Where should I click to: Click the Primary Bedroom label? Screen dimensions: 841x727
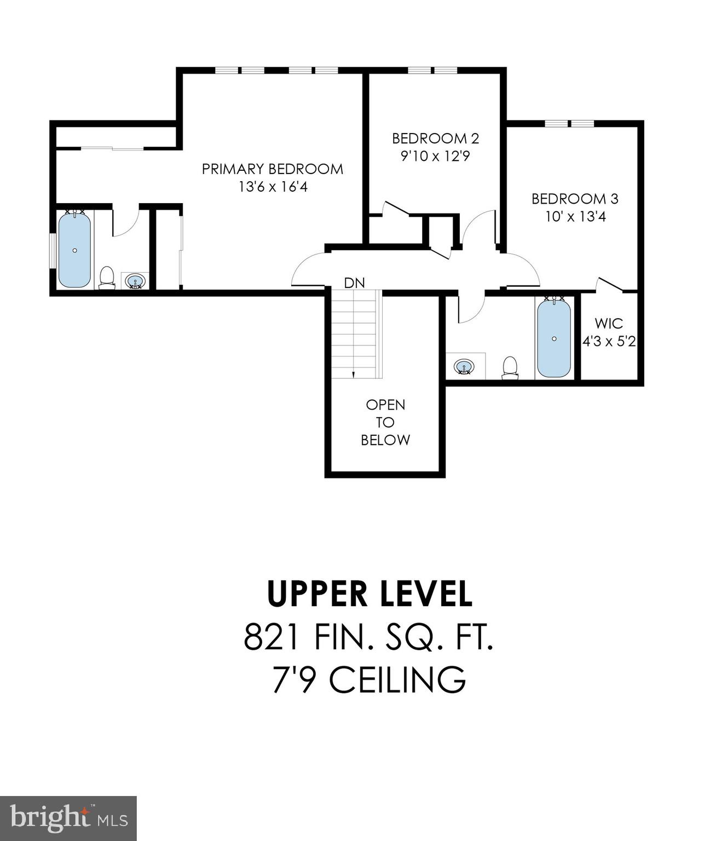(272, 169)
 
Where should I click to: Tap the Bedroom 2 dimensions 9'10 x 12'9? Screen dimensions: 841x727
(435, 157)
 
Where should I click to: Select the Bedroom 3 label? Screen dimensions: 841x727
(575, 199)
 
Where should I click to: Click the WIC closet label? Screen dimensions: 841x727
(609, 323)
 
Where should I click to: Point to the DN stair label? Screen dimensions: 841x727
(354, 283)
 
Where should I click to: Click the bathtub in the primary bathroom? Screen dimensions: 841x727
(74, 250)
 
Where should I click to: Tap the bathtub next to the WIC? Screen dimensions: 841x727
(554, 338)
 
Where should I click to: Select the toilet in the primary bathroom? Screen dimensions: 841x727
(107, 277)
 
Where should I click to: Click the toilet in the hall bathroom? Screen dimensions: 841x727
(510, 367)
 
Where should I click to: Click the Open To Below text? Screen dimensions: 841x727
(385, 422)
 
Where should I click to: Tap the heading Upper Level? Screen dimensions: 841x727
(370, 594)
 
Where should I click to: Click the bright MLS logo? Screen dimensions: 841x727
(68, 818)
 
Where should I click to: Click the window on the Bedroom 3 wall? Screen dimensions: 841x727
(569, 123)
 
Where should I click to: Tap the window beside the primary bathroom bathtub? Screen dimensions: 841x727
(53, 251)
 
